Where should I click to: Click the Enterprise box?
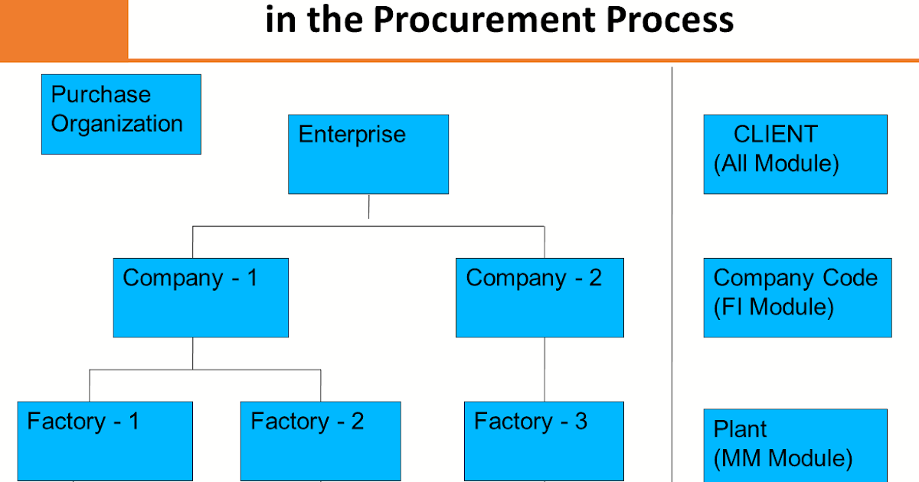pyautogui.click(x=368, y=154)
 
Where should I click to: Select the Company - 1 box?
pyautogui.click(x=201, y=298)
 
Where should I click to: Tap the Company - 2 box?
pyautogui.click(x=539, y=298)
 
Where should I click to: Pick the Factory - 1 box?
pyautogui.click(x=105, y=441)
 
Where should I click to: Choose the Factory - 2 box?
pyautogui.click(x=320, y=441)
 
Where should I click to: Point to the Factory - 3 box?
pyautogui.click(x=544, y=441)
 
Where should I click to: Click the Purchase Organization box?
pyautogui.click(x=121, y=114)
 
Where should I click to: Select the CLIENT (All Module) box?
pyautogui.click(x=795, y=154)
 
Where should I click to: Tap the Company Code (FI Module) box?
pyautogui.click(x=797, y=298)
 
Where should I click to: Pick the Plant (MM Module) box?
pyautogui.click(x=795, y=445)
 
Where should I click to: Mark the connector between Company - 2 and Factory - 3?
pyautogui.click(x=545, y=370)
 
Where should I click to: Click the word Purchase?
pyautogui.click(x=101, y=95)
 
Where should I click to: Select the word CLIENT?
pyautogui.click(x=775, y=134)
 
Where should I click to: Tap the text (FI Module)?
pyautogui.click(x=773, y=308)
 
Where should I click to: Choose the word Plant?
pyautogui.click(x=740, y=429)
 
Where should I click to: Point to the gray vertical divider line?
pyautogui.click(x=672, y=268)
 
